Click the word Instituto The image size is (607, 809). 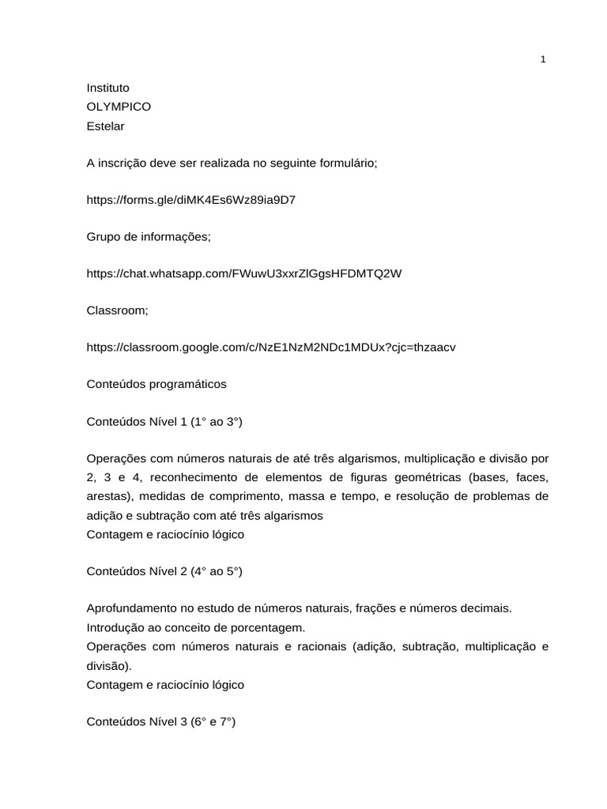(x=107, y=88)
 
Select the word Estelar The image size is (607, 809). (x=105, y=126)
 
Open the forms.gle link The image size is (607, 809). (x=191, y=200)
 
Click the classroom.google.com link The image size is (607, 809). (x=271, y=347)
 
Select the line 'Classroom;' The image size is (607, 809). (x=117, y=310)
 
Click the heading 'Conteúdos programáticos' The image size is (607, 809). (x=156, y=384)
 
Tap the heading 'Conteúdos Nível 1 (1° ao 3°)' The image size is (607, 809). (x=164, y=422)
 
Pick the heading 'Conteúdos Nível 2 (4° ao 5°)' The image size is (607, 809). (x=164, y=572)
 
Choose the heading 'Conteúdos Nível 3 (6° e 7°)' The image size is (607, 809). (x=161, y=722)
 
